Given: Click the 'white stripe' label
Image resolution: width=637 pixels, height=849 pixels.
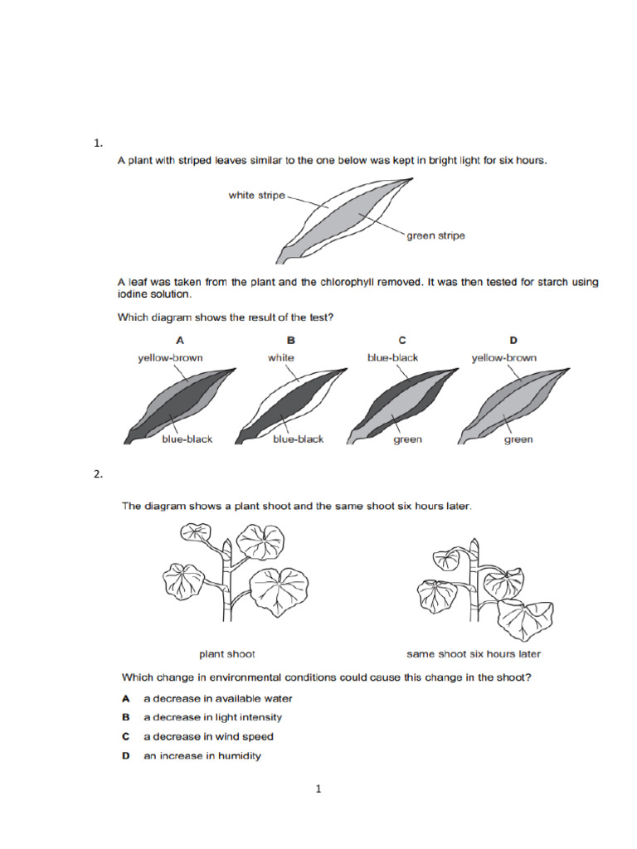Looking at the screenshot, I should tap(256, 196).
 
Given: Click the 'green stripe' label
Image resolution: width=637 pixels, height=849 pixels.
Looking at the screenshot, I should tap(435, 235).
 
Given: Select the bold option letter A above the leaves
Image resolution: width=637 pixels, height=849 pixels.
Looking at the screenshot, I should tap(179, 340).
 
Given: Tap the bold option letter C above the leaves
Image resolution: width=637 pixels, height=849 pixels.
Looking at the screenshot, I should tap(401, 340).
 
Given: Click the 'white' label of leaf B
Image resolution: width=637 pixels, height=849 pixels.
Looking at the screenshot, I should tap(280, 357).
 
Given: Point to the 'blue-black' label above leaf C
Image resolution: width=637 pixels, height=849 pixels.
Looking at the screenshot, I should tap(392, 357).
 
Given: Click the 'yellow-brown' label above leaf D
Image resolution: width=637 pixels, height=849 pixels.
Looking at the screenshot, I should tap(503, 357).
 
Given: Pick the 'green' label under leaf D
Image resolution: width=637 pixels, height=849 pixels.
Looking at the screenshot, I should tap(518, 439).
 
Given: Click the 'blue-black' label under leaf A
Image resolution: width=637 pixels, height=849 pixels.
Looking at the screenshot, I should tap(187, 439).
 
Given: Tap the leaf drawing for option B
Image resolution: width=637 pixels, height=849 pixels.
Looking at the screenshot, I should tap(286, 402).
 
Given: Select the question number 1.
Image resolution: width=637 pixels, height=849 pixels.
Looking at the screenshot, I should tap(98, 143).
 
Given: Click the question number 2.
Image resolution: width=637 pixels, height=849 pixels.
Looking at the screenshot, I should tap(98, 474).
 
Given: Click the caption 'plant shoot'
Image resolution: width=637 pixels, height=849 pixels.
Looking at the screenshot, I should tap(221, 653).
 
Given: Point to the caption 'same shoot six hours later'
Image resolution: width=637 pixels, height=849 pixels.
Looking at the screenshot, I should tap(473, 653).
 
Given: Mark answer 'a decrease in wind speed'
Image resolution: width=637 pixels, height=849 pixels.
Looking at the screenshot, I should tap(208, 736).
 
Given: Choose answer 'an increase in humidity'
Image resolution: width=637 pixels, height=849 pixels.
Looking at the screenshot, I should tap(202, 755).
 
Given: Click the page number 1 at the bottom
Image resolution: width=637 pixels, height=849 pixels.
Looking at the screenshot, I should tap(318, 789).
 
